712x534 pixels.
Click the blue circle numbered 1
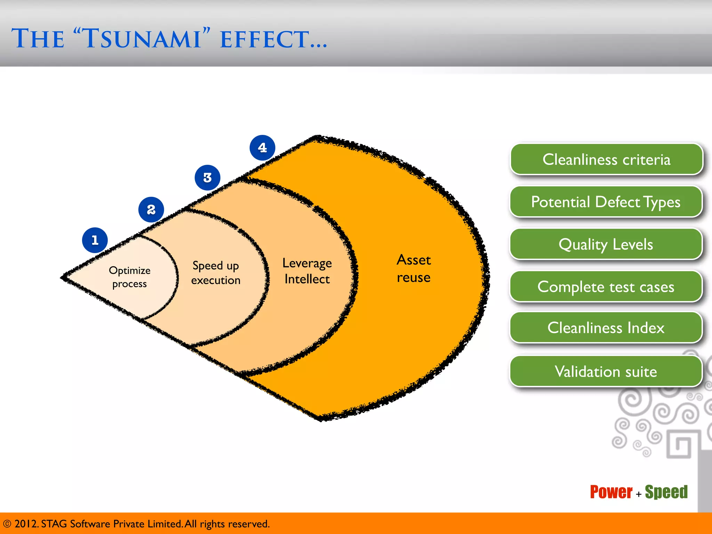pos(95,240)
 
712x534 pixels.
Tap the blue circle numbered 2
pos(151,210)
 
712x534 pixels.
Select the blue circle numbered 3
pos(208,178)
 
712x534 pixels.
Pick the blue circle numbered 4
pos(262,148)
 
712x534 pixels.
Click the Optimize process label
pos(130,277)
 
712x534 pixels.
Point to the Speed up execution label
pos(216,273)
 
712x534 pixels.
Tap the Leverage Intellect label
pos(307,271)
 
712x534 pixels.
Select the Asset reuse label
pos(414,269)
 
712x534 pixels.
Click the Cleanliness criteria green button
pos(606,160)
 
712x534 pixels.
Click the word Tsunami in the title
pos(143,39)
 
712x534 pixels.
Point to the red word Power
pos(611,492)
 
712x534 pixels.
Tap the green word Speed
pos(666,492)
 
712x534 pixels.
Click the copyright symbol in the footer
pos(7,524)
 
